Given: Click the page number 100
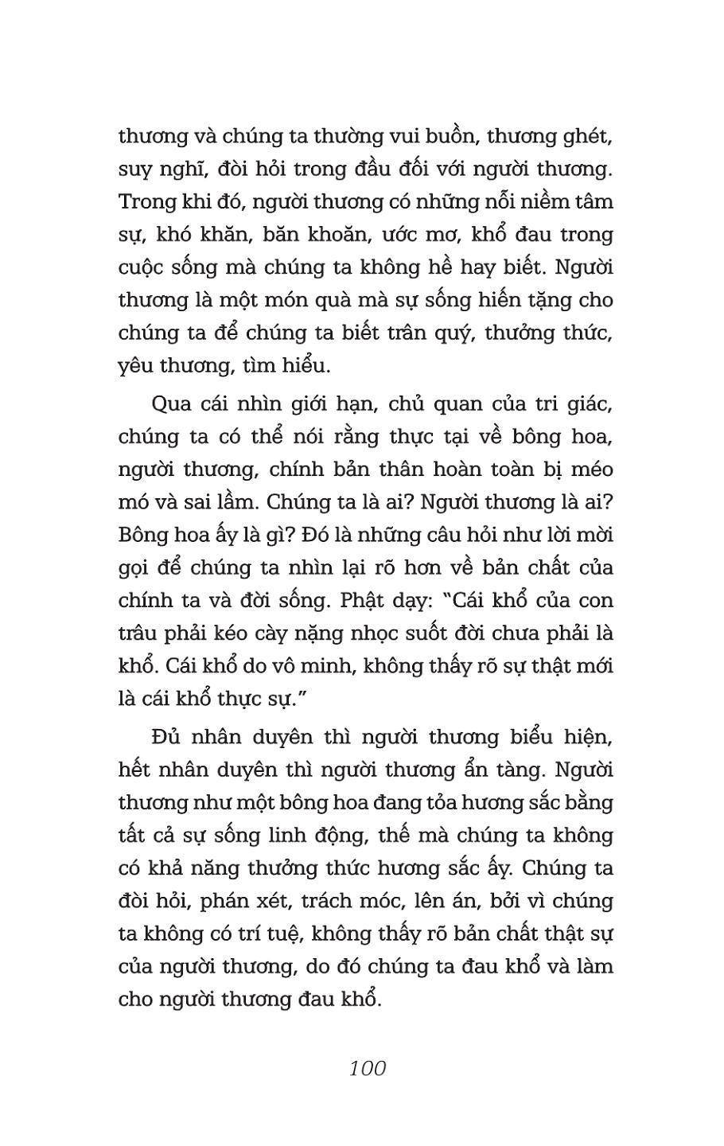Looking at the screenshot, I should click(x=367, y=1067).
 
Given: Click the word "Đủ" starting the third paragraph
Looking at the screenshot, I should click(x=166, y=737).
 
